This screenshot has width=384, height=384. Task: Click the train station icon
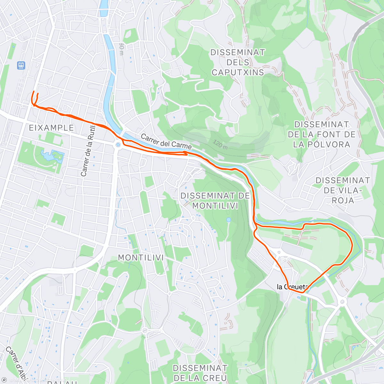[x=21, y=65]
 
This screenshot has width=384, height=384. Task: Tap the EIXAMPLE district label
[x=52, y=128]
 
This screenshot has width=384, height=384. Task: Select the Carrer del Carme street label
[x=166, y=142]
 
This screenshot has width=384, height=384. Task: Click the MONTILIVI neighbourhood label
[x=141, y=258]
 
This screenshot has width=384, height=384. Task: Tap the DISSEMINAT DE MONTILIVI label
[x=215, y=201]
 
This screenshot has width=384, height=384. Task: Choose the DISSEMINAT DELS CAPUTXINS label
[x=238, y=62]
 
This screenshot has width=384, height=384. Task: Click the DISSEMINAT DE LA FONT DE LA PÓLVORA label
[x=322, y=134]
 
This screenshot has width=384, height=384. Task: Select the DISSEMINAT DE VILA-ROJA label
[x=342, y=190]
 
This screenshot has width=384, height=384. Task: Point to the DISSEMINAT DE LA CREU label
[x=200, y=373]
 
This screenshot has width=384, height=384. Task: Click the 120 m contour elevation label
[x=220, y=145]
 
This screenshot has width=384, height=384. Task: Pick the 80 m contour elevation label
[x=121, y=49]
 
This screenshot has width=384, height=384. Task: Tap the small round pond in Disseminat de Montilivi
[x=228, y=220]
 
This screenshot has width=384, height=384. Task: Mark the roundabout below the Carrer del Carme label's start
[x=118, y=145]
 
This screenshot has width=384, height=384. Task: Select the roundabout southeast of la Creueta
[x=342, y=301]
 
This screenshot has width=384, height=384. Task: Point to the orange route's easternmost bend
[x=352, y=245]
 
